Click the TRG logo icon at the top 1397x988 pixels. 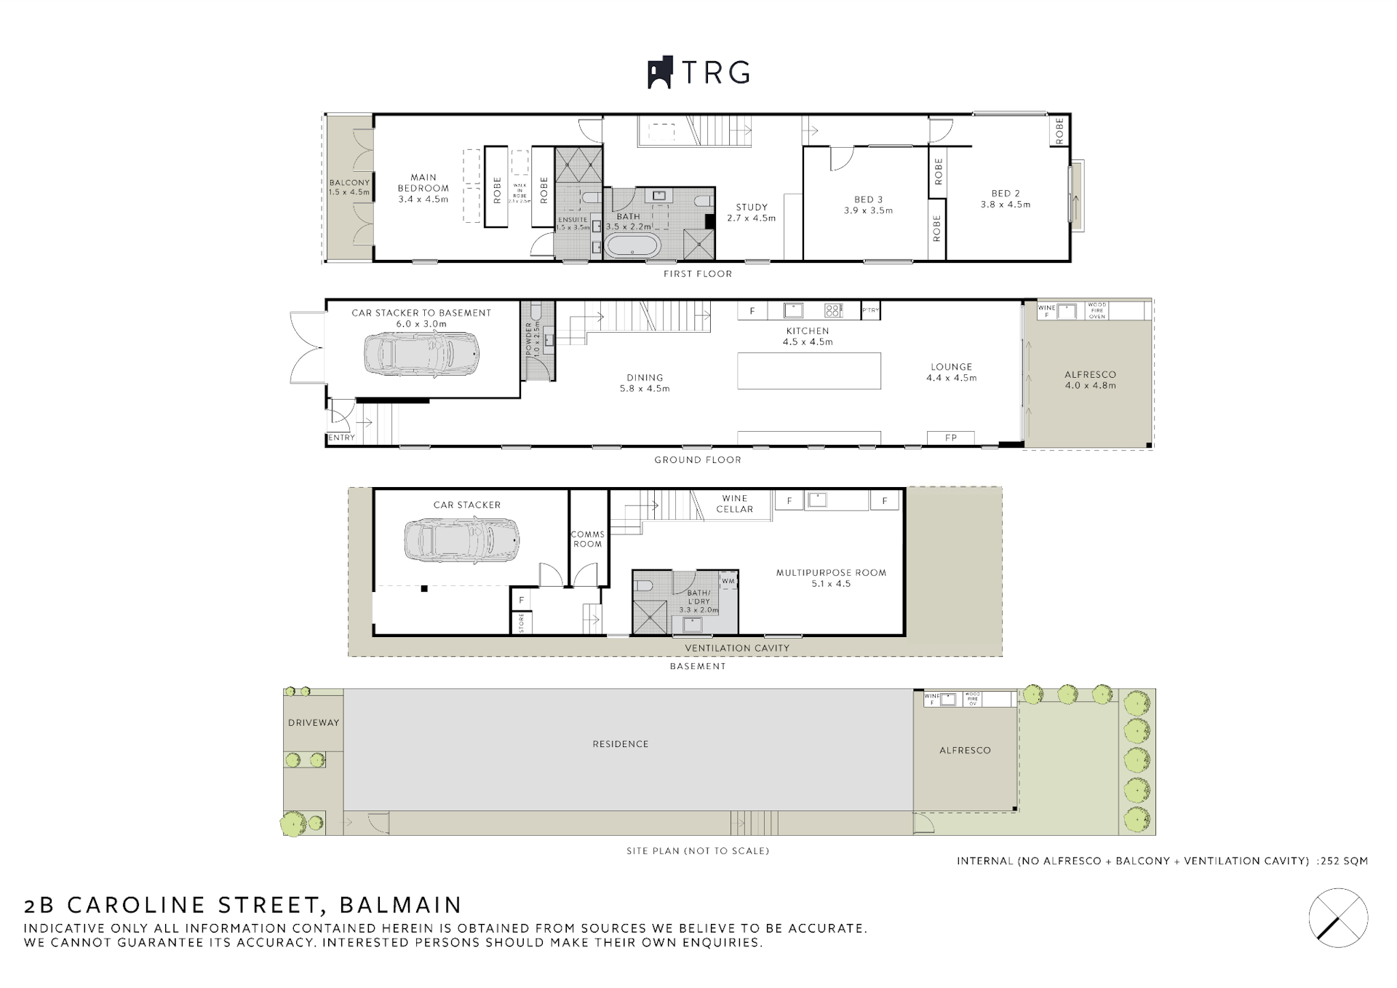(x=659, y=73)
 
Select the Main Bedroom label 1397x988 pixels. (x=423, y=188)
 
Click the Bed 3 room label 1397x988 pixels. (x=868, y=205)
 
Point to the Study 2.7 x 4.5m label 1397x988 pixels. (x=752, y=213)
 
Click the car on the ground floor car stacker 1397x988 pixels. (x=421, y=354)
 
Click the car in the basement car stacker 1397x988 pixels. (x=462, y=540)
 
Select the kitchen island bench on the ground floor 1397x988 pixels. (x=808, y=371)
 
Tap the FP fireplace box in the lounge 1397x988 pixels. (x=950, y=438)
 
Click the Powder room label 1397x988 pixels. (x=533, y=339)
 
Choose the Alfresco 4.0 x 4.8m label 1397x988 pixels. (x=1089, y=380)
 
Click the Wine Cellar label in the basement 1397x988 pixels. (x=734, y=504)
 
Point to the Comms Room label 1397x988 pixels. (x=587, y=539)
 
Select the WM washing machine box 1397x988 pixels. (x=728, y=581)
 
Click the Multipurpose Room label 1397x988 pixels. (x=831, y=578)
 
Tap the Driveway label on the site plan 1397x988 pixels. (x=313, y=723)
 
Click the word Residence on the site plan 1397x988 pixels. (x=620, y=744)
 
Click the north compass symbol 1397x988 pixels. (x=1338, y=917)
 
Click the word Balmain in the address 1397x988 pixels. (x=400, y=905)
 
